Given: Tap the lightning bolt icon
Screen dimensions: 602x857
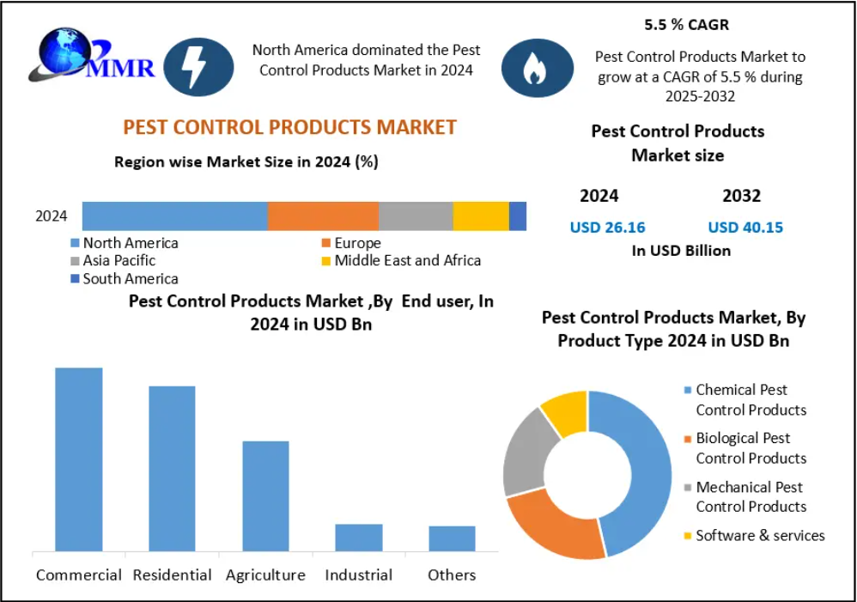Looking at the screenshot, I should click(198, 66).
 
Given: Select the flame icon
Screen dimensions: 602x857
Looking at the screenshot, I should click(537, 66).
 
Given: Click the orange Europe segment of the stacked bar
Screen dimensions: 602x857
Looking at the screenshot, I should click(323, 216).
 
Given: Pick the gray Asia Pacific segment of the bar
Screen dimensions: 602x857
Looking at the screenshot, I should click(416, 216).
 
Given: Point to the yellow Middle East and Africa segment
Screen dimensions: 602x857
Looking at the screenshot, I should click(481, 216).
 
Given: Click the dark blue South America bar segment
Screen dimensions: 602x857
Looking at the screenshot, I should click(518, 216).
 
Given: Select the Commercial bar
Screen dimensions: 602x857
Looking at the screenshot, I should click(79, 459).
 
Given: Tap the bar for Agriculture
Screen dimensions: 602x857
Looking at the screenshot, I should click(265, 496).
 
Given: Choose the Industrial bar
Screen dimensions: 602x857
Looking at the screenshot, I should click(359, 538).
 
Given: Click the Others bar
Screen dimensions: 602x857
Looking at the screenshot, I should click(452, 538).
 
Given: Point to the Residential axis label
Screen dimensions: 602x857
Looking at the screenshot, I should click(172, 575).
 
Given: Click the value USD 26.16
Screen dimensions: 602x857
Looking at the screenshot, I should click(607, 228).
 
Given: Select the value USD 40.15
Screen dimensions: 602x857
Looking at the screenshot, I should click(745, 228).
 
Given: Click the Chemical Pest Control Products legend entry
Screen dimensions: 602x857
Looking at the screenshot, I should click(750, 400).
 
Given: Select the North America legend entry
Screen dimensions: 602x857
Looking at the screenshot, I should click(130, 243).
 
